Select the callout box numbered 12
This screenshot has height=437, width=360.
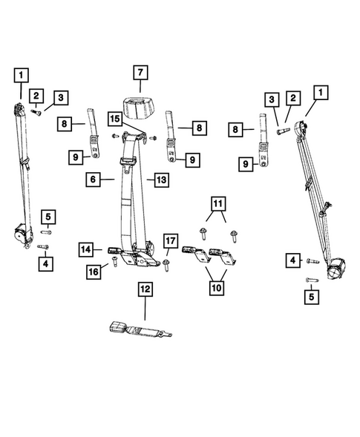coord(145,288)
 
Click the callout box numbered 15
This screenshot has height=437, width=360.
coord(114,119)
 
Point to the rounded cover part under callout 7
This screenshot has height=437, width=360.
coord(139,107)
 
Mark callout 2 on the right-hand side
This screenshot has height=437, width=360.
coord(293,98)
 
